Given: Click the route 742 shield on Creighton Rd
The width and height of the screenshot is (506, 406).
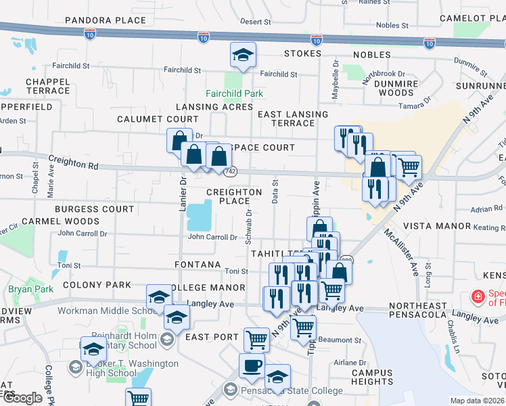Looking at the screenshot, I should (231, 172).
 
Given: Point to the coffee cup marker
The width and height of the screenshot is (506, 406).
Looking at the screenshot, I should (252, 366).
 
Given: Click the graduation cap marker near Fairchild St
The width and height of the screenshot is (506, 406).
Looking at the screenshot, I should (243, 56).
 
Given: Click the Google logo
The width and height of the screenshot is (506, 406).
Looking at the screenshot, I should (22, 398).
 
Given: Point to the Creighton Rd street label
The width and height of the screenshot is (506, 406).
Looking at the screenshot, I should (74, 163).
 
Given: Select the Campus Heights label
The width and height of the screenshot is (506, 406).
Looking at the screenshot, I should (372, 378).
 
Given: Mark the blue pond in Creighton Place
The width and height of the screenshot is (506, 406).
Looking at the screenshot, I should (199, 216).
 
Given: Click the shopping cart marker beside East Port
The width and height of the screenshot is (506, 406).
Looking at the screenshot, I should (256, 339).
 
